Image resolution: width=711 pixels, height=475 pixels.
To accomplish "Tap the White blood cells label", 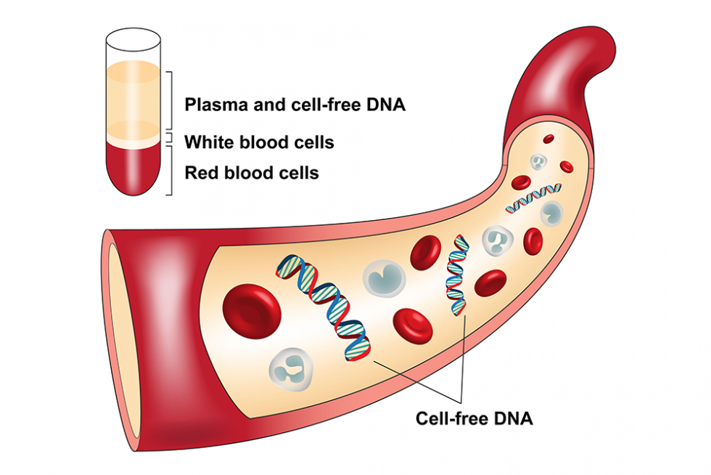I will point(259,142).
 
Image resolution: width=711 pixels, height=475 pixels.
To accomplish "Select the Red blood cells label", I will point(251,173).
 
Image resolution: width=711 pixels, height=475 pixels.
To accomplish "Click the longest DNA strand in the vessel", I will point(324,307).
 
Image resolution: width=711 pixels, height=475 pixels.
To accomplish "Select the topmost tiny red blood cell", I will point(548,139).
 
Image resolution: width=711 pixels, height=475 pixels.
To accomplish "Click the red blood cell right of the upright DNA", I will point(490,283).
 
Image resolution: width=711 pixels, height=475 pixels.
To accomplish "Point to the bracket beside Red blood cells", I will point(170,171).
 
